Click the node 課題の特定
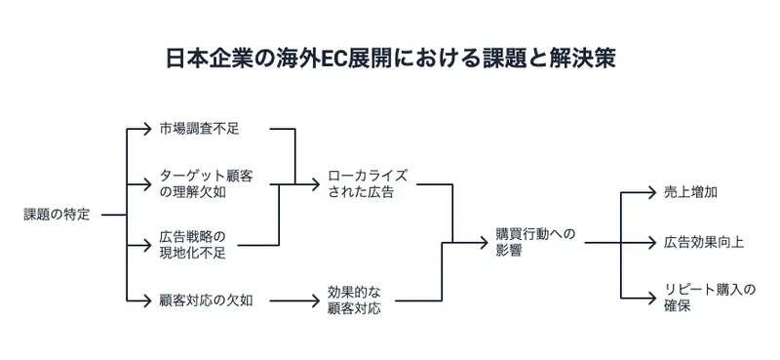tap(57, 215)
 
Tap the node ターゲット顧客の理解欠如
tap(205, 181)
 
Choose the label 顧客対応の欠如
tap(206, 300)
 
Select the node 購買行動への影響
tap(535, 241)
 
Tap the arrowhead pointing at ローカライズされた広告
tap(318, 182)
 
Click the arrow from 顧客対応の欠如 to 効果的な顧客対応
tap(292, 300)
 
